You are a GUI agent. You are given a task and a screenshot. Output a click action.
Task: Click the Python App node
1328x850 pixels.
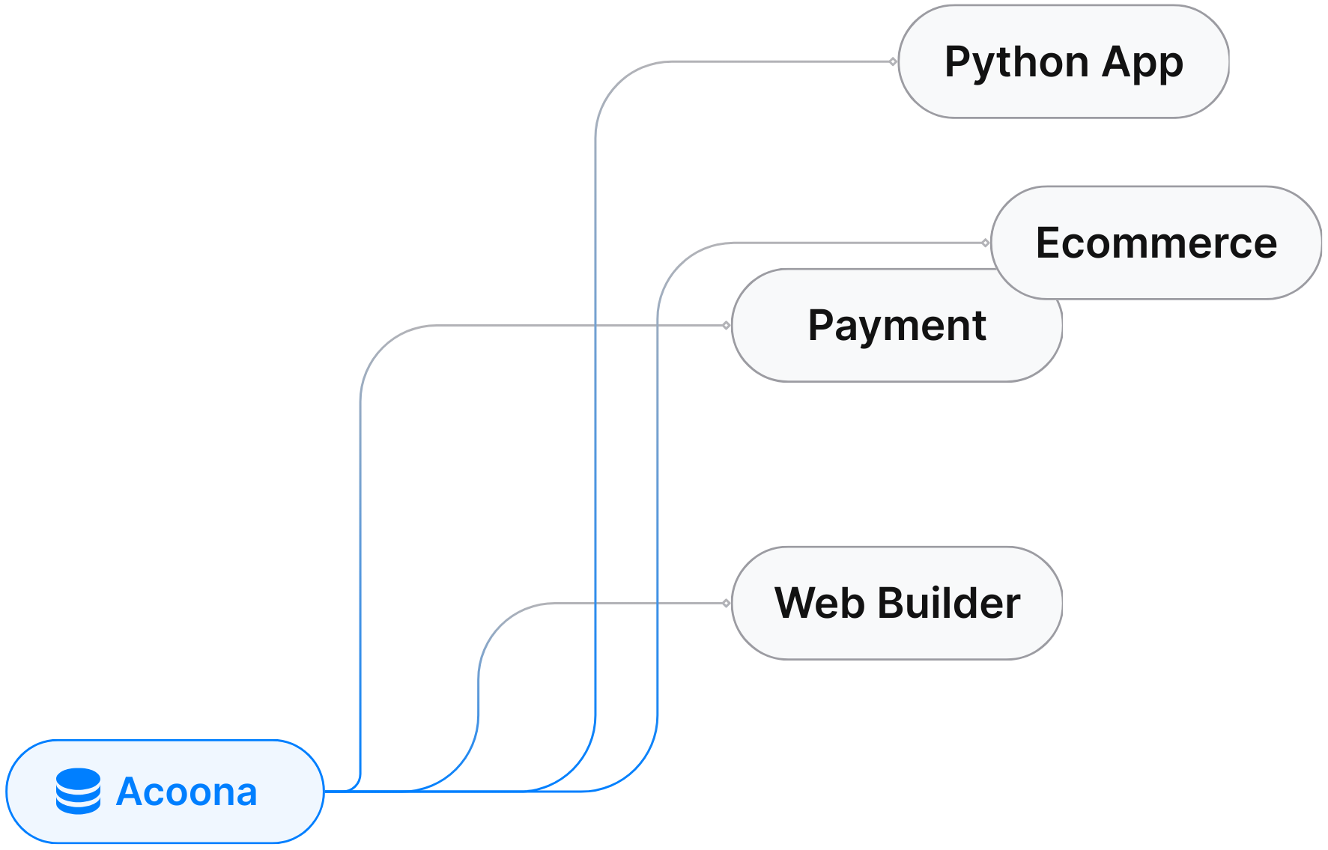1064,61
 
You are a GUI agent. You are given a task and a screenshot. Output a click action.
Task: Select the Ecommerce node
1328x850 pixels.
1156,243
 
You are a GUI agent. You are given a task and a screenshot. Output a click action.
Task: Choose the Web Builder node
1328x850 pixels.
897,603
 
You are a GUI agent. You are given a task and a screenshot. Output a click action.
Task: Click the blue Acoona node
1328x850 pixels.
165,792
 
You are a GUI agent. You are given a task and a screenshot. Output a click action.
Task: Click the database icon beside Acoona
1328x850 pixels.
78,792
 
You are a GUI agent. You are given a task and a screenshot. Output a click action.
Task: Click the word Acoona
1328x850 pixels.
187,792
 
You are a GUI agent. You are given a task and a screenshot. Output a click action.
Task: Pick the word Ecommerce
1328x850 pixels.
1156,243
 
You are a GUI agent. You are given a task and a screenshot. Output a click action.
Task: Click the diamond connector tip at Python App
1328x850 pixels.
893,61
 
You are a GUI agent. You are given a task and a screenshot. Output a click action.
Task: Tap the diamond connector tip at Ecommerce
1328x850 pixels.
985,243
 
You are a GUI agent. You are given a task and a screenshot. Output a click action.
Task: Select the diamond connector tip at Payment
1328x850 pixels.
726,325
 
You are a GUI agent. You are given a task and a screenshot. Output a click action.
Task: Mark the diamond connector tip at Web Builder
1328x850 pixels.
726,603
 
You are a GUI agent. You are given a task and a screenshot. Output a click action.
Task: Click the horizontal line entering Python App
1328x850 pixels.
779,61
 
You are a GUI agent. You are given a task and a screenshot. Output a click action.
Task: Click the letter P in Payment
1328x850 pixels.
822,325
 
